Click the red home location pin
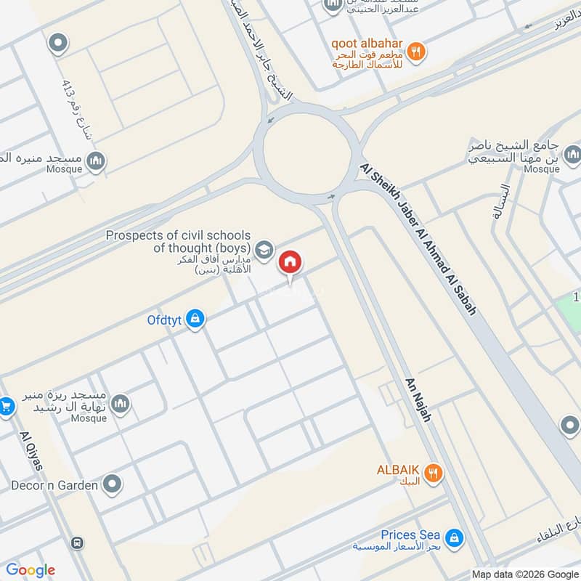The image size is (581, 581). click(290, 263)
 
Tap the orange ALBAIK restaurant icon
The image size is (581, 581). click(434, 474)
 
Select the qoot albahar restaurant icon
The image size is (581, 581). click(415, 51)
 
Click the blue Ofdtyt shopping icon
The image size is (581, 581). click(194, 319)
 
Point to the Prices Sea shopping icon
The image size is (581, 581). click(455, 538)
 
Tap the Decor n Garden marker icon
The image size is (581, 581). click(112, 484)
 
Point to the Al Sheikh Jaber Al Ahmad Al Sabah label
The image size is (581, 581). click(418, 238)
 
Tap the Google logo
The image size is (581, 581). click(31, 570)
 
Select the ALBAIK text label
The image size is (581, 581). click(398, 469)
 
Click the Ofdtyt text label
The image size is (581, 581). click(165, 318)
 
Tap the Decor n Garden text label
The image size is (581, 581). click(54, 484)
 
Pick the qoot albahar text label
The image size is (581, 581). click(367, 43)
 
